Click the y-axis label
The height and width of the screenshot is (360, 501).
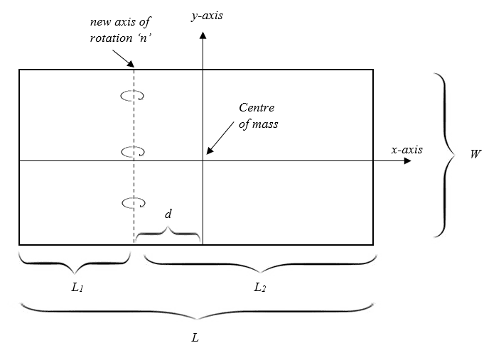[x=207, y=13]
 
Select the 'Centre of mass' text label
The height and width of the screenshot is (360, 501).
[x=257, y=114]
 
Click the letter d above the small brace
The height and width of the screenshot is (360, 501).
[x=168, y=213]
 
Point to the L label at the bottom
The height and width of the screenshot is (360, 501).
[x=195, y=337]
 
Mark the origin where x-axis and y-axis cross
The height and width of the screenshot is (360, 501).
[x=203, y=161]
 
